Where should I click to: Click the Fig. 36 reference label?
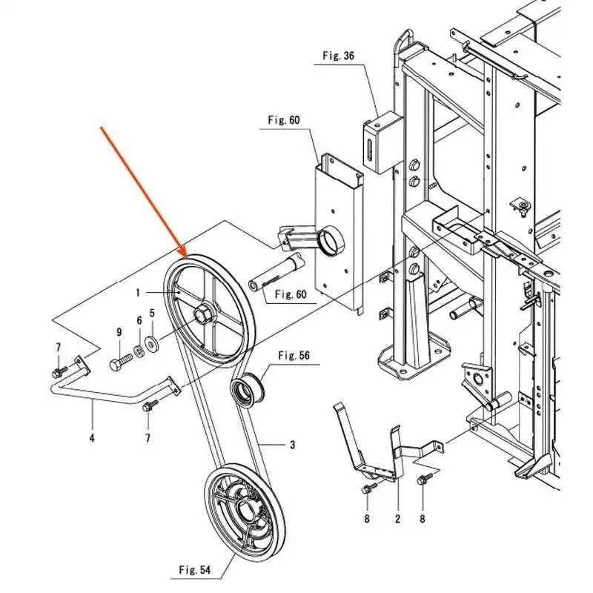coord(339,55)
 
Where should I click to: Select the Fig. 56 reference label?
coord(294,356)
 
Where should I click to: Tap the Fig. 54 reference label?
coord(195,569)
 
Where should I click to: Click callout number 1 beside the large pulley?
coord(138,292)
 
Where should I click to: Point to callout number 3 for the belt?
coord(292,445)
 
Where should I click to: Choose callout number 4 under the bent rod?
coord(92,438)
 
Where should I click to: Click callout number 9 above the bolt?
coord(119,332)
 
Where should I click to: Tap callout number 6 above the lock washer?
coord(139,321)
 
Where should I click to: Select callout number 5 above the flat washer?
coord(152,313)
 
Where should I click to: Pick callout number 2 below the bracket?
coord(397,519)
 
